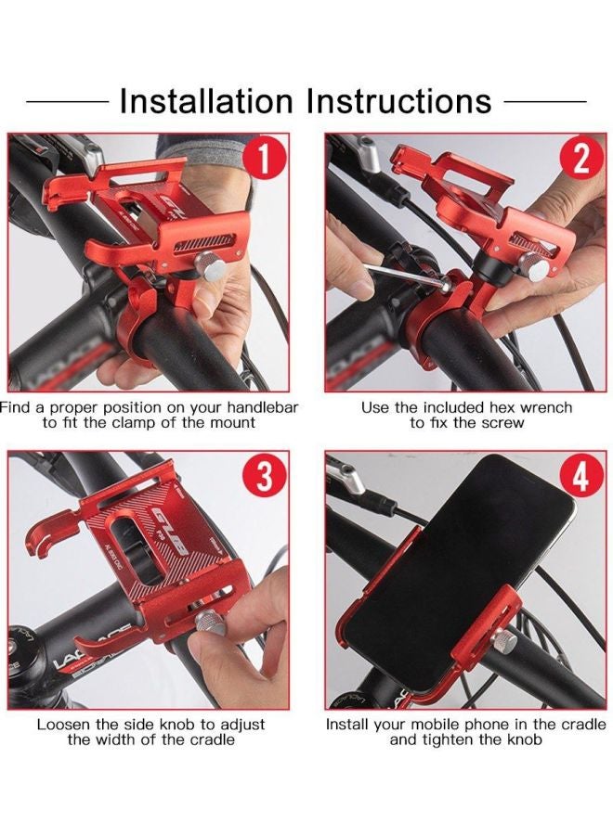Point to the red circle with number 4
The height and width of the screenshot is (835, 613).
point(581,476)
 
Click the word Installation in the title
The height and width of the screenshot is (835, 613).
point(206,100)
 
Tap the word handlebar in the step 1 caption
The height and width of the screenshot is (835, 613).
point(262,408)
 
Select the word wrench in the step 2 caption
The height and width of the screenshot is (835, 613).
point(545,408)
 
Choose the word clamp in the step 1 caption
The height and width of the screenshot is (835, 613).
point(136,423)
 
